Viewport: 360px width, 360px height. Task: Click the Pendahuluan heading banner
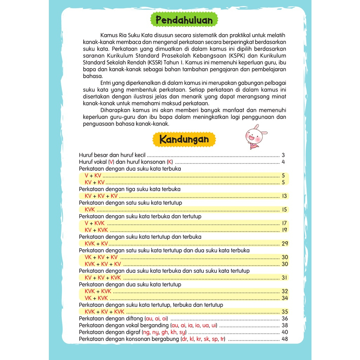coord(184,20)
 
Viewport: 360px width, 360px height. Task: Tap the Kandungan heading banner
coord(184,140)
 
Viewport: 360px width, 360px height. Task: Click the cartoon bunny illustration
coord(255,136)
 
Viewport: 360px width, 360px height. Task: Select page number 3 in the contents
coord(283,155)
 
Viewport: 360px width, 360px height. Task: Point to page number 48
coord(284,339)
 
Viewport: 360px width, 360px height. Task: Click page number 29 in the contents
coord(284,244)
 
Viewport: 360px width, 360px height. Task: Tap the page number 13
coord(284,196)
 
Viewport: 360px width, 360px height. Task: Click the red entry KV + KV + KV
coord(101,196)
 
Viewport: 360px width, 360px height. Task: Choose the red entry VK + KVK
coord(96,298)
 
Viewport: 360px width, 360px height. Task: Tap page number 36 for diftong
coord(284,319)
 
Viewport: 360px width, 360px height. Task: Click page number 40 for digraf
coord(284,332)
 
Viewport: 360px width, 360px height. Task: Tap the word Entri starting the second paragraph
coord(106,83)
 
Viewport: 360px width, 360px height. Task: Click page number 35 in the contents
coord(284,312)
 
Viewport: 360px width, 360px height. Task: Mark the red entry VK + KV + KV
coord(101,257)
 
